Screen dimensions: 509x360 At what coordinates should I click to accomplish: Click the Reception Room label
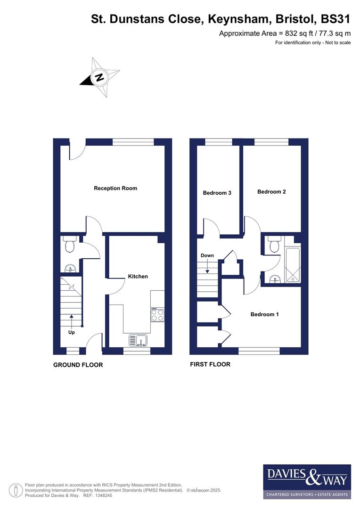[x=115, y=188]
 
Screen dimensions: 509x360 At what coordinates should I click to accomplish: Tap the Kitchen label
[x=138, y=276]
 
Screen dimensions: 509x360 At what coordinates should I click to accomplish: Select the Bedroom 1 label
[x=264, y=314]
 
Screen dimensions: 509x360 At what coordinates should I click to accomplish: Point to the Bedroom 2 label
[x=271, y=192]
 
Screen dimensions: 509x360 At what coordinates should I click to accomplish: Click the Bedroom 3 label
[x=217, y=193]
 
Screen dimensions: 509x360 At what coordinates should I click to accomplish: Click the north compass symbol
[x=100, y=77]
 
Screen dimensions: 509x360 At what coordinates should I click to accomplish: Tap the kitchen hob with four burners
[x=157, y=314]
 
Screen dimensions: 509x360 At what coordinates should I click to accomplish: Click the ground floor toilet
[x=70, y=245]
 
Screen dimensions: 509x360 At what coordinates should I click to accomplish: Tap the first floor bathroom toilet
[x=273, y=245]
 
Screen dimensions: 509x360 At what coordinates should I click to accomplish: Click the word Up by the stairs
[x=72, y=332]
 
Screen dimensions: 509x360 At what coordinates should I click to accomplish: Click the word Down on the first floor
[x=207, y=255]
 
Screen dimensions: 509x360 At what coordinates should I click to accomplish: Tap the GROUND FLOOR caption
[x=78, y=365]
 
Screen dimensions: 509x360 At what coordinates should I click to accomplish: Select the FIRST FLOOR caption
[x=210, y=364]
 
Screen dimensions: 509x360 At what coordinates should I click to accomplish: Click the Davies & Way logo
[x=307, y=481]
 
